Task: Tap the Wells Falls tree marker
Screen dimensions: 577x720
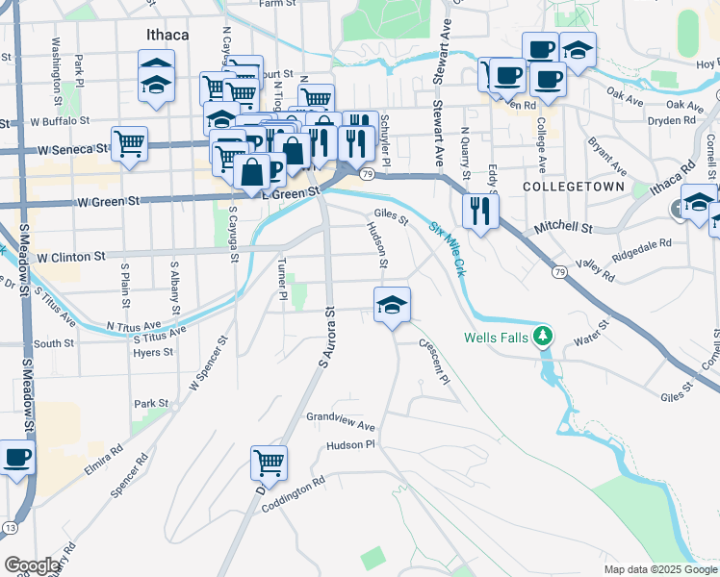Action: (x=544, y=336)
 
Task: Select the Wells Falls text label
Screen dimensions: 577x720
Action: (x=496, y=338)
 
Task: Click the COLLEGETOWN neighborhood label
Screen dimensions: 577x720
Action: (x=574, y=186)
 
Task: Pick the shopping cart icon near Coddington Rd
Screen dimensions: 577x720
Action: (x=269, y=463)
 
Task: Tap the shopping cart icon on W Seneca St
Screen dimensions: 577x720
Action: (x=129, y=144)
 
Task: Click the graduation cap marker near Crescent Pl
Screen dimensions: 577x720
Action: (x=392, y=305)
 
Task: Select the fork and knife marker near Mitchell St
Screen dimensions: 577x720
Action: (x=480, y=211)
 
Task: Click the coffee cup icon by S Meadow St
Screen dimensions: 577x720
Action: (x=16, y=457)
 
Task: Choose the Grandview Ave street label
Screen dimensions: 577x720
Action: (x=340, y=423)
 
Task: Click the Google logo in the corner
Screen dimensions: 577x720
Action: (x=32, y=565)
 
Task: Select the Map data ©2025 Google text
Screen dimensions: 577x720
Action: (x=658, y=569)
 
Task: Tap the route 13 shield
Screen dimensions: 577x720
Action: (x=10, y=528)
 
